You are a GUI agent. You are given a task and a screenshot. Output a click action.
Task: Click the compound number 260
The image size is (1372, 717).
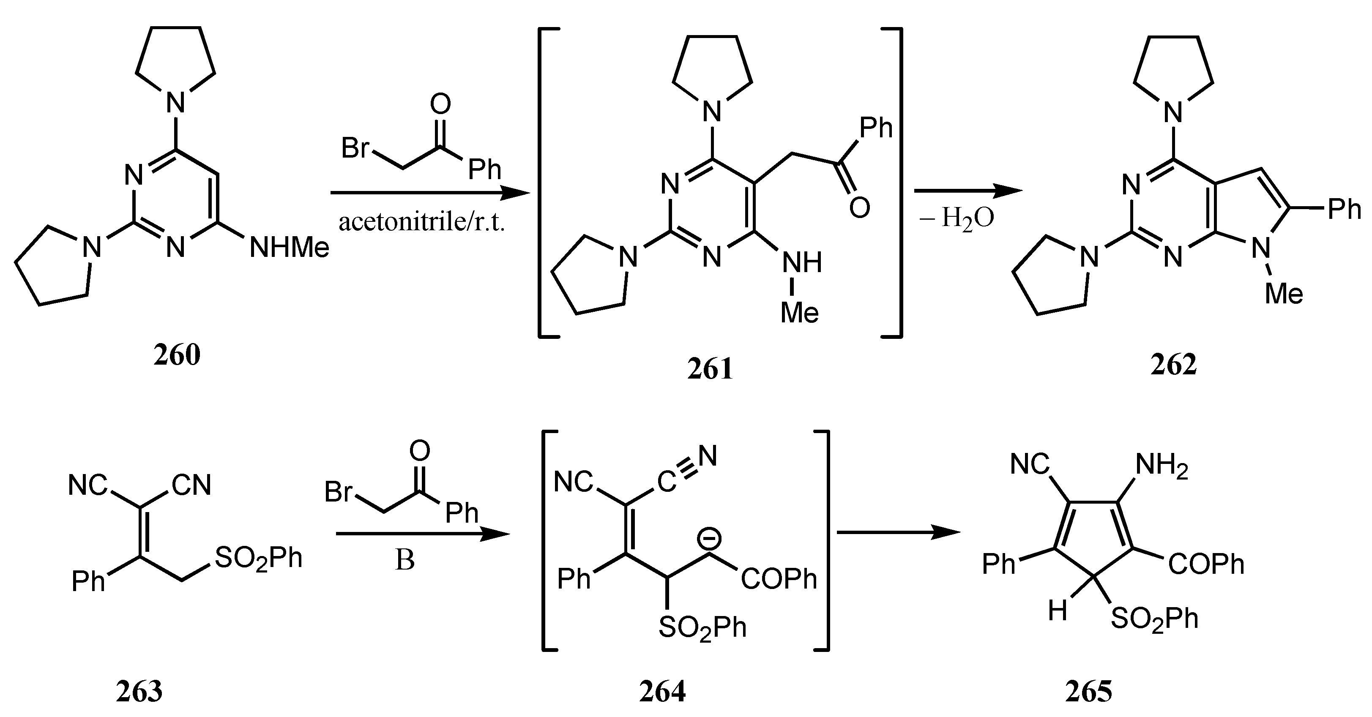click(x=177, y=355)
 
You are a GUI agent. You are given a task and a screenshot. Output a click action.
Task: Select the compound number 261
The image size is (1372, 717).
click(x=710, y=369)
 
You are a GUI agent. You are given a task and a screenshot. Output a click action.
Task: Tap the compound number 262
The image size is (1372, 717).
click(x=1173, y=365)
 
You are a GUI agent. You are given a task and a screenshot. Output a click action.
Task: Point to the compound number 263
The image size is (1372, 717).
click(x=139, y=692)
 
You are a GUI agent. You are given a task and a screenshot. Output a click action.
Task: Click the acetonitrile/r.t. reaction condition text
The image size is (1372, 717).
click(x=421, y=222)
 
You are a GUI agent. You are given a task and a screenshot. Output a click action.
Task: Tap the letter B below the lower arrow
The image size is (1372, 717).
click(x=405, y=560)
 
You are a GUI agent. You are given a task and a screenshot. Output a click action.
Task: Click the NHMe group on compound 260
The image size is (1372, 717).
click(x=289, y=248)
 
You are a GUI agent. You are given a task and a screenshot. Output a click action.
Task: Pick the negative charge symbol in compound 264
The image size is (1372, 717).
click(x=710, y=539)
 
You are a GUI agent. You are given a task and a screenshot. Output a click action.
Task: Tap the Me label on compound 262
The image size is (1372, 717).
click(x=1284, y=294)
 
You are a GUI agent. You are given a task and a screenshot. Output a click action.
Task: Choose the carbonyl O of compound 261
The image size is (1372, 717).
click(x=860, y=207)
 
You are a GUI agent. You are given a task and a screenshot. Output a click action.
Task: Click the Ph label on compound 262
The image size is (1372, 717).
click(x=1344, y=209)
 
